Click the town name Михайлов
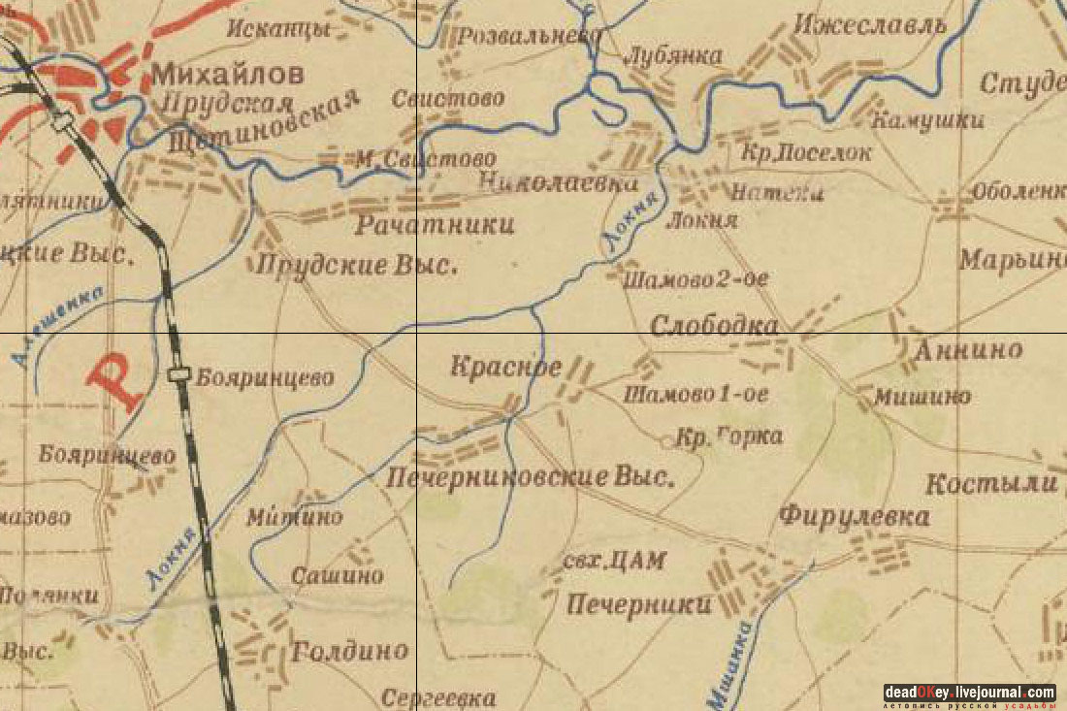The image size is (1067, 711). pos(227,75)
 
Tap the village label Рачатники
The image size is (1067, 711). pos(435,226)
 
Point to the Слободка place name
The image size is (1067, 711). pos(714,326)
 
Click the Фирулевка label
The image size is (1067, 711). pos(854,516)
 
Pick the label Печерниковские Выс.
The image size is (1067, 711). pos(530,477)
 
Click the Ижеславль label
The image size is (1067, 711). pos(868,24)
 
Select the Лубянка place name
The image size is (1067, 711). pos(675,56)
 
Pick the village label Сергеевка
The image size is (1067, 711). pos(437,697)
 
